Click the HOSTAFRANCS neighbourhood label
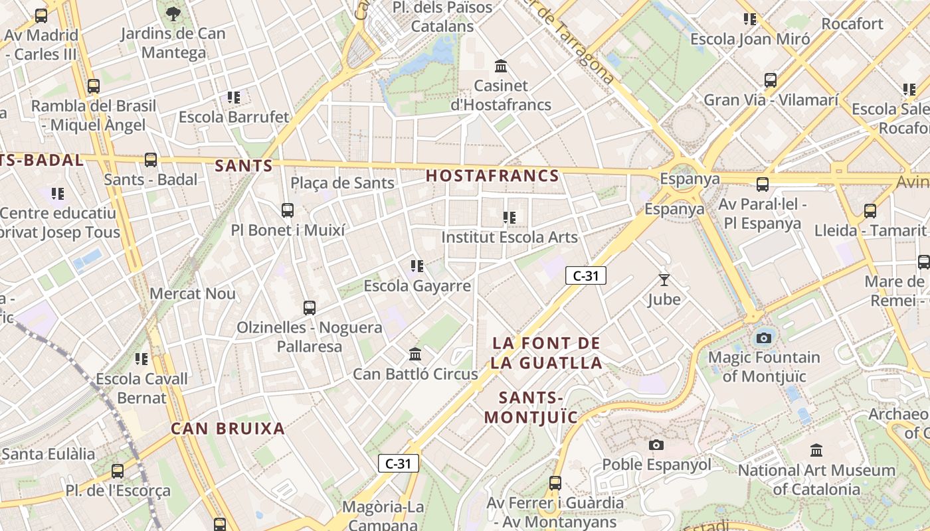pyautogui.click(x=492, y=176)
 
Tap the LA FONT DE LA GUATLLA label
pyautogui.click(x=547, y=353)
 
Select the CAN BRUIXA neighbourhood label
pyautogui.click(x=228, y=428)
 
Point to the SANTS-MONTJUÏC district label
pyautogui.click(x=531, y=408)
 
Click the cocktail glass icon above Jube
pyautogui.click(x=664, y=280)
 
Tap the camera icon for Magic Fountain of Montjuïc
pyautogui.click(x=764, y=338)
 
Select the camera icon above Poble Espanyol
pyautogui.click(x=656, y=445)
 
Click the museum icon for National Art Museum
pyautogui.click(x=816, y=451)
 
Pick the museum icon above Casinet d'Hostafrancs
pyautogui.click(x=501, y=66)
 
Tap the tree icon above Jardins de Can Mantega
pyautogui.click(x=173, y=13)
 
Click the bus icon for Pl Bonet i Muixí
pyautogui.click(x=288, y=210)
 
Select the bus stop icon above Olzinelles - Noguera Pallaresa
pyautogui.click(x=310, y=308)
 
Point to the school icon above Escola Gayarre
pyautogui.click(x=417, y=266)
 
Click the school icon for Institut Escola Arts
pyautogui.click(x=510, y=217)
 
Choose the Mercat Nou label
pyautogui.click(x=193, y=293)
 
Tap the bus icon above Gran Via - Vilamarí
pyautogui.click(x=771, y=80)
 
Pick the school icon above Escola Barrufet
pyautogui.click(x=234, y=97)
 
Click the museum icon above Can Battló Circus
pyautogui.click(x=415, y=354)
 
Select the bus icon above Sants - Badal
pyautogui.click(x=151, y=159)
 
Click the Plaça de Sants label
pyautogui.click(x=343, y=183)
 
